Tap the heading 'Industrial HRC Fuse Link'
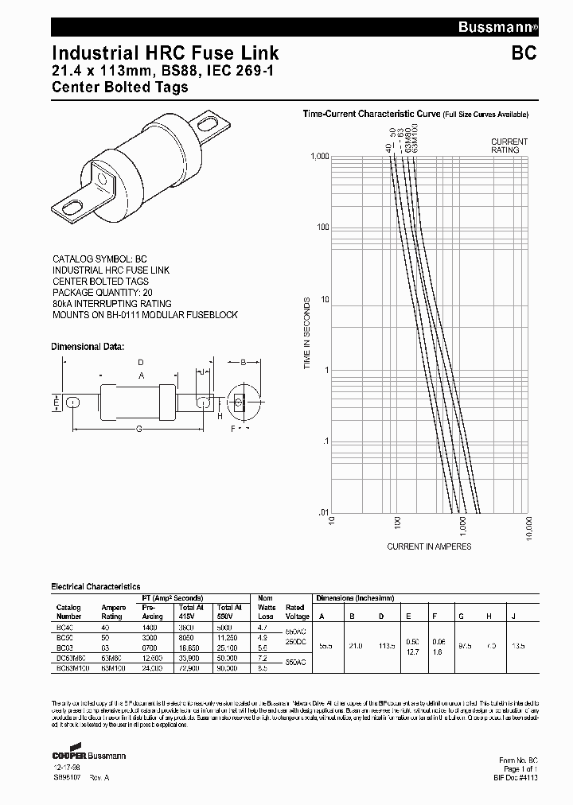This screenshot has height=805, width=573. click(x=165, y=53)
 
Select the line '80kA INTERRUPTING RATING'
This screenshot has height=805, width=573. click(x=111, y=304)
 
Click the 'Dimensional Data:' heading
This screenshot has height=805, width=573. click(x=88, y=347)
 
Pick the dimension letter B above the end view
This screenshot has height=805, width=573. click(x=242, y=363)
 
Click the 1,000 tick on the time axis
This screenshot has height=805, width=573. click(x=319, y=157)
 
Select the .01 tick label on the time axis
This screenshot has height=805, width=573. click(x=323, y=513)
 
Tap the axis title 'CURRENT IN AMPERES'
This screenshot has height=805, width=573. click(x=429, y=546)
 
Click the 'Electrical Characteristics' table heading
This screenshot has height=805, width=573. click(x=95, y=586)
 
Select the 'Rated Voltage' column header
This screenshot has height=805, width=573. click(x=294, y=612)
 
